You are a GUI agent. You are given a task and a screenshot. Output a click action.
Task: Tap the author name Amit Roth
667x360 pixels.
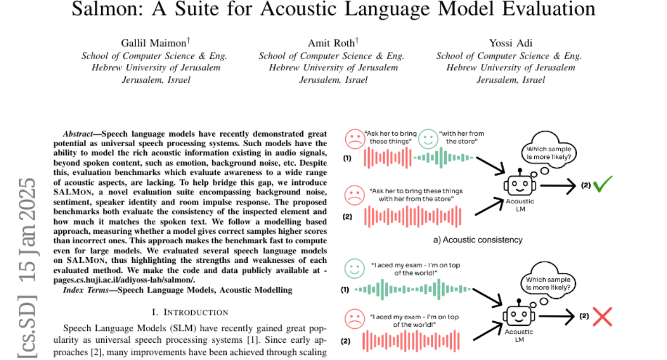[x=331, y=43]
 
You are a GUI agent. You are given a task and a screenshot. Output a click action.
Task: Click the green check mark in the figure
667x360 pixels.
[x=602, y=184]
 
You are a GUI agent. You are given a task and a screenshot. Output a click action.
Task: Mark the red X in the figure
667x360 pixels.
[x=602, y=317]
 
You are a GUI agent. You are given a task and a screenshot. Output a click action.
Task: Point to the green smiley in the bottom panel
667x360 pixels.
[x=353, y=269]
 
